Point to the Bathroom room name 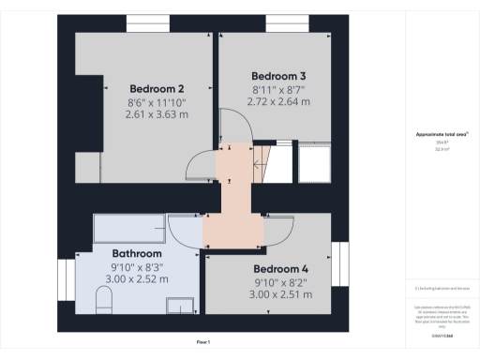pos(137,253)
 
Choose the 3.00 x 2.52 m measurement pos(137,278)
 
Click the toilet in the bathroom pos(104,301)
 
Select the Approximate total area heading pos(442,134)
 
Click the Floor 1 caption pos(202,341)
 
